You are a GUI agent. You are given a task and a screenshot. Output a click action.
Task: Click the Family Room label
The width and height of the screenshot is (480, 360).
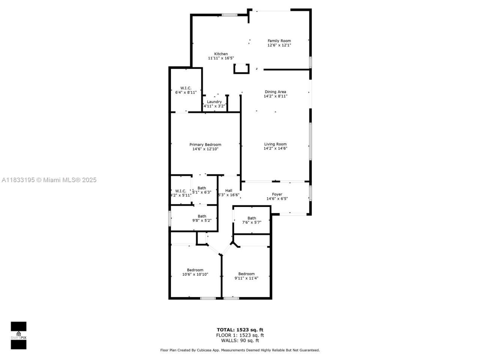click(x=279, y=41)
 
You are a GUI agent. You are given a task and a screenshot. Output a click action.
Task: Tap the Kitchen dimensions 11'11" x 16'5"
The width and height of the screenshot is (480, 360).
click(x=221, y=58)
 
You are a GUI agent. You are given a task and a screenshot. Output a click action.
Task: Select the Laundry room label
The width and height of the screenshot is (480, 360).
click(x=214, y=102)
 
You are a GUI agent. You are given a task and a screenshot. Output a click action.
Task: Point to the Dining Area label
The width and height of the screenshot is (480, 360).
click(x=275, y=91)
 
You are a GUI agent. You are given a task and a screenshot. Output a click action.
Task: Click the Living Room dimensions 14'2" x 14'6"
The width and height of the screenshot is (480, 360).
click(x=275, y=148)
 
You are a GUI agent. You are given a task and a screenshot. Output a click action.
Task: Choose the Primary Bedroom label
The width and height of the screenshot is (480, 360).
click(x=205, y=144)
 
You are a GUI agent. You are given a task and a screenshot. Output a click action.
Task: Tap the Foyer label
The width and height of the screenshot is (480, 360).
click(x=277, y=194)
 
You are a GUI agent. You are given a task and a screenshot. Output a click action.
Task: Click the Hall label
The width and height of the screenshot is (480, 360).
click(x=228, y=190)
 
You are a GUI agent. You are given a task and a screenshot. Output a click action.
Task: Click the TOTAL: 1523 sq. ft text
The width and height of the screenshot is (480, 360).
click(x=240, y=330)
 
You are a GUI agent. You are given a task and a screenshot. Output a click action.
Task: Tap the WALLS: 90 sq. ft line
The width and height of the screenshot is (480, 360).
click(x=240, y=340)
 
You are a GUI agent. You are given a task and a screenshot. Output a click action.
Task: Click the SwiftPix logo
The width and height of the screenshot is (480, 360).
click(x=18, y=335)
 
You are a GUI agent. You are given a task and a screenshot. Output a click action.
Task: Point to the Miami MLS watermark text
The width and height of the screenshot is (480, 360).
click(x=49, y=180)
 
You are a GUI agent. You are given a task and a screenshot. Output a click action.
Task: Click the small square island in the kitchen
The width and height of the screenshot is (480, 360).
click(x=241, y=69)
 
